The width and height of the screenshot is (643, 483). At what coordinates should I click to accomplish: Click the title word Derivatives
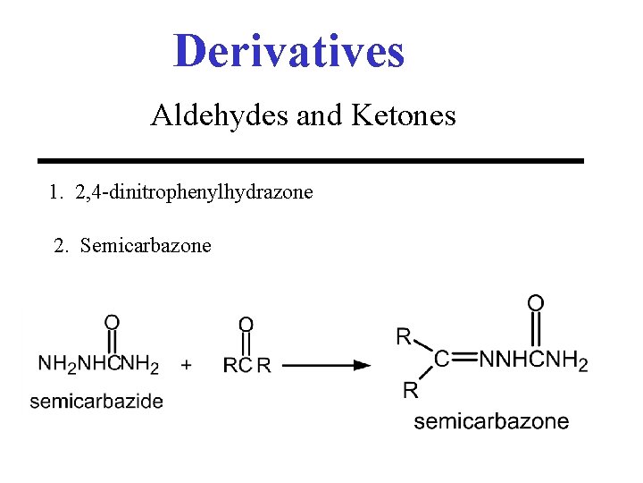pos(288,51)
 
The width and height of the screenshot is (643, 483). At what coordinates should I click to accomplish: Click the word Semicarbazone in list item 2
pos(146,245)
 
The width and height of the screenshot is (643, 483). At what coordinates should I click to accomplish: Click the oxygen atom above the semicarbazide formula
pos(113,322)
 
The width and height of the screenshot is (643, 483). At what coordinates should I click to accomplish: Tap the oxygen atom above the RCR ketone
pos(246,324)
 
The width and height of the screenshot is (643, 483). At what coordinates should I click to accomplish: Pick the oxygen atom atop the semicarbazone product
pos(535,304)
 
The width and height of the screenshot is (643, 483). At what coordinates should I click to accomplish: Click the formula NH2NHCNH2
pos(98,365)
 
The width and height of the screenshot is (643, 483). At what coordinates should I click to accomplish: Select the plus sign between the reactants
pos(187,365)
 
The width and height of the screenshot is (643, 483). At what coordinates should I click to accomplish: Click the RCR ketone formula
pos(246,365)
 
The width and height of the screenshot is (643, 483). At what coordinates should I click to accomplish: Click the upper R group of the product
pos(404,336)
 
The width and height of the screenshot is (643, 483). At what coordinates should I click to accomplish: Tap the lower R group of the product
pos(410,389)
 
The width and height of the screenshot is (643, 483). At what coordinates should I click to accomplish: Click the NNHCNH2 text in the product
pos(534,360)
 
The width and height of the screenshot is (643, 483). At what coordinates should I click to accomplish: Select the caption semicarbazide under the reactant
pos(96,402)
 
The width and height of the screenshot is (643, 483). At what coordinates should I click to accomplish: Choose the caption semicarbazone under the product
pos(491,421)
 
